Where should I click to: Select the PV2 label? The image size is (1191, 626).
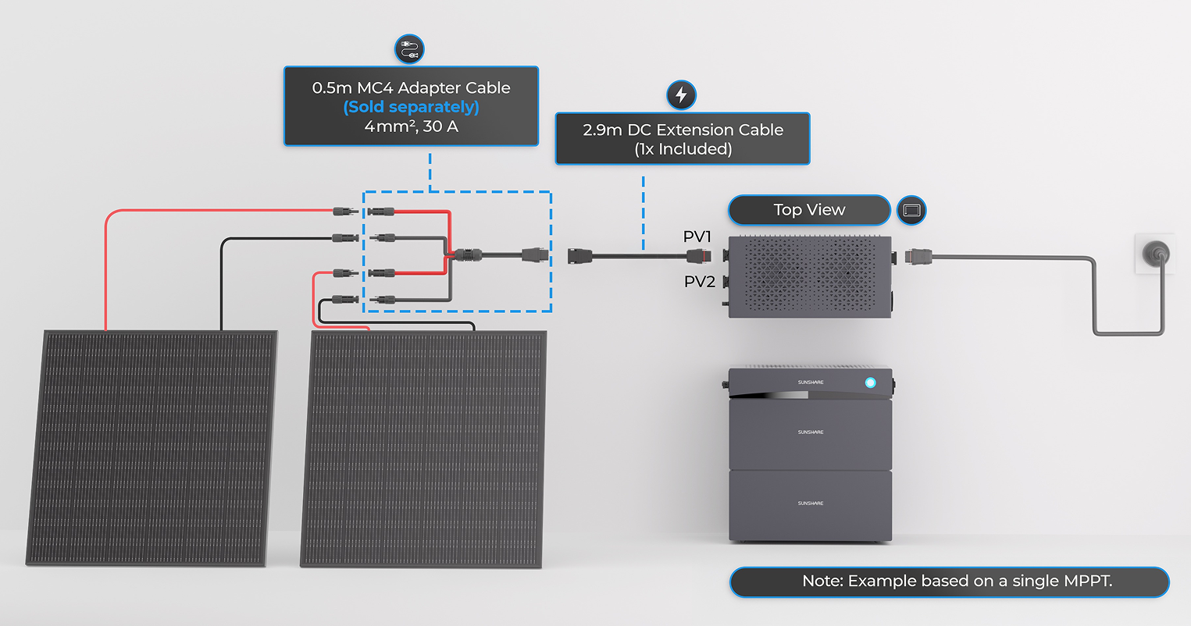click(700, 282)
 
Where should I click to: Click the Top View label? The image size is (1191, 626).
click(809, 210)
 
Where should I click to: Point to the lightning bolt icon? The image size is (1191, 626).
click(681, 95)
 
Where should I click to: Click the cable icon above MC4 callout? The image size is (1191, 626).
click(410, 49)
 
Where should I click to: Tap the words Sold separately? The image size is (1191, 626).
click(411, 107)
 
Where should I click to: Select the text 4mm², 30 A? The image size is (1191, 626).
click(411, 126)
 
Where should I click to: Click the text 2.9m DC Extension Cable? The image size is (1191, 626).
click(683, 130)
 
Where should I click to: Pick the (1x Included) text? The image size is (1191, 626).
click(683, 149)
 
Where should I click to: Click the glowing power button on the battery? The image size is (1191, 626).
click(870, 382)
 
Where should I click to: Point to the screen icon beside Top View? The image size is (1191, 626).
click(911, 210)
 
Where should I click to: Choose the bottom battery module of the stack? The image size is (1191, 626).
click(810, 505)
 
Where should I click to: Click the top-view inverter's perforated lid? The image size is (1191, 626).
click(809, 275)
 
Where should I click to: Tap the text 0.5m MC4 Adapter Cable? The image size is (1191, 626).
click(411, 87)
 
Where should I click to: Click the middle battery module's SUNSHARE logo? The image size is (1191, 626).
click(810, 432)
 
